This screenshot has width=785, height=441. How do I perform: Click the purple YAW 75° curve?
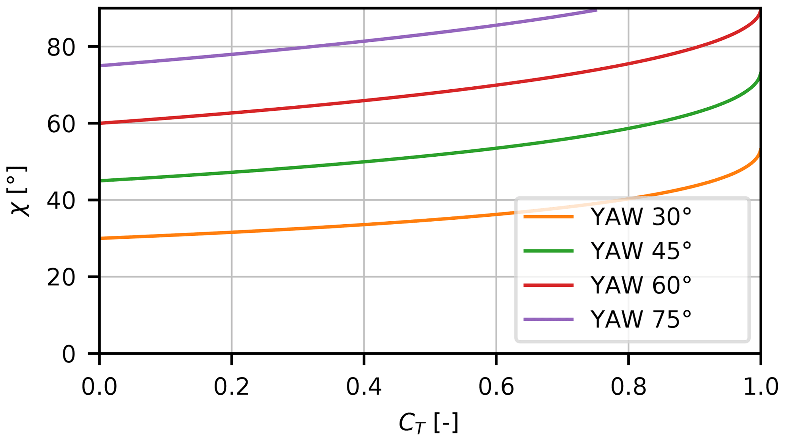364,41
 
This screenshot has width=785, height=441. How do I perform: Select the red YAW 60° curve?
364,100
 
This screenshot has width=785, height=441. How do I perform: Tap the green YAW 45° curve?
364,162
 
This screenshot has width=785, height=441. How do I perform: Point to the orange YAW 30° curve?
364,224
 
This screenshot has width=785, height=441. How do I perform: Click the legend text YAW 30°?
641,217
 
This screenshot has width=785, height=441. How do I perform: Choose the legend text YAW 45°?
641,251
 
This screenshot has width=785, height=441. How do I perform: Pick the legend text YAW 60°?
641,285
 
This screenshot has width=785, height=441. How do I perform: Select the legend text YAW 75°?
641,319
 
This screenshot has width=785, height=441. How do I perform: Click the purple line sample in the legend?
548,319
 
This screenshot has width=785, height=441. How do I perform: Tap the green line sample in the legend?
548,251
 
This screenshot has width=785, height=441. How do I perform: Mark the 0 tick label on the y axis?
69,355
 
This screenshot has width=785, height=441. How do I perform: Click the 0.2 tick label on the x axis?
231,387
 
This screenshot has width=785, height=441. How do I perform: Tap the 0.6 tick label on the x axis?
496,387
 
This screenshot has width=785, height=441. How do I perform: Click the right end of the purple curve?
596,11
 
